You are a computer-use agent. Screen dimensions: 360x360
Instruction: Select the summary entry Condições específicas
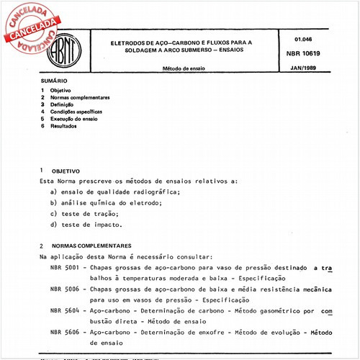point(81,112)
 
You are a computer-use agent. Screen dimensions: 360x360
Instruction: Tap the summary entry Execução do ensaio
point(80,120)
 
